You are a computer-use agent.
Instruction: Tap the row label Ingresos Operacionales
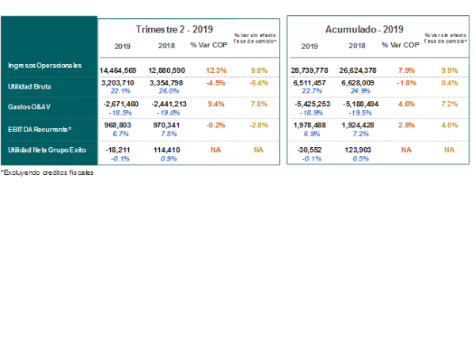pos(44,66)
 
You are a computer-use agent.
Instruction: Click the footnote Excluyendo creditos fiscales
pos(47,172)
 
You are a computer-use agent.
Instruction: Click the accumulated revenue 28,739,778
pos(310,70)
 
